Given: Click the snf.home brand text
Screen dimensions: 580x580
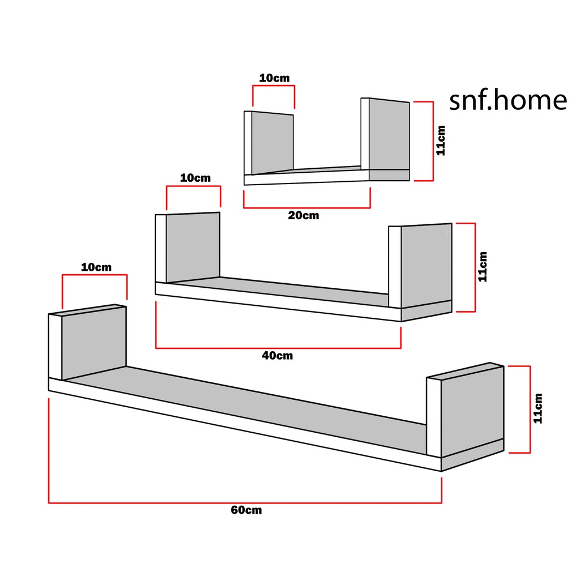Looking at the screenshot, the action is (507, 100).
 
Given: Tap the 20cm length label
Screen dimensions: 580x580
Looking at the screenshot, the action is (303, 216).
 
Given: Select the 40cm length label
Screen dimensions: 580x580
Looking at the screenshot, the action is (277, 356).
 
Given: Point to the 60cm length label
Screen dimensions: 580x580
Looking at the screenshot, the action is (246, 510).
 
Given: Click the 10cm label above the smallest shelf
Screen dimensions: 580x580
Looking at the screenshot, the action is (274, 78).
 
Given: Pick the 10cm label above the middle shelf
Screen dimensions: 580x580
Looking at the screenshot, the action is (195, 178).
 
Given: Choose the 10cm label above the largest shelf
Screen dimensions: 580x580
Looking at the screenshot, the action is (96, 267).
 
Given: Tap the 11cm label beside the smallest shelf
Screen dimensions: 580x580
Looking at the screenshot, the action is (441, 140).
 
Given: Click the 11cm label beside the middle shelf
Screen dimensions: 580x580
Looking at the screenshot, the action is (482, 267).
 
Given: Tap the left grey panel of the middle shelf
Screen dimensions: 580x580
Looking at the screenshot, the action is (193, 247).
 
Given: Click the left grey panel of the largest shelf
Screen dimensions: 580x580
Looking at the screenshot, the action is (93, 343).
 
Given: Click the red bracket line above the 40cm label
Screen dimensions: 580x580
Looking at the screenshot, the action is (278, 348).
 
